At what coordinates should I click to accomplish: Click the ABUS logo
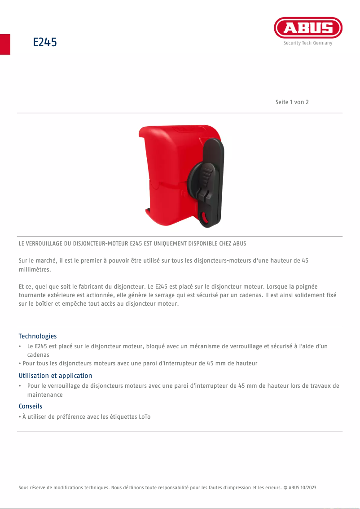click(308, 28)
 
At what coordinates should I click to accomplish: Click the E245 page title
click(45, 43)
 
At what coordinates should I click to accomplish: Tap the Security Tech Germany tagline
click(308, 43)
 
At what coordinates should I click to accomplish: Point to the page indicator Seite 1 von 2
click(292, 102)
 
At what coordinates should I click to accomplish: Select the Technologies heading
click(38, 336)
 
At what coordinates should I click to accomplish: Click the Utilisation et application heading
click(55, 376)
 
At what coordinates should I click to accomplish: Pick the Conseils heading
click(31, 406)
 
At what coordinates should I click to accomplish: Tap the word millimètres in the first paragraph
click(35, 270)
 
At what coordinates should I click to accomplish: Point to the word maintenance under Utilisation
click(45, 395)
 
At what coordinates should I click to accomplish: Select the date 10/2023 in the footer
click(308, 487)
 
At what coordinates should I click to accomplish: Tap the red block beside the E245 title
click(5, 44)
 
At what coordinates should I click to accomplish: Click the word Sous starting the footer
click(23, 487)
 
